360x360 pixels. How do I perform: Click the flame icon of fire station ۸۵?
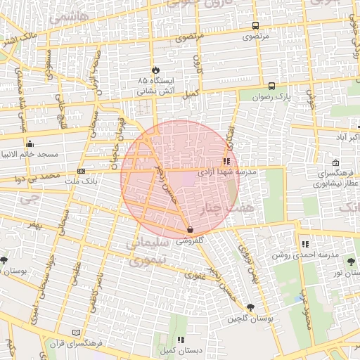tap(155, 70)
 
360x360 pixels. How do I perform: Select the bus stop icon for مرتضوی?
tap(255, 25)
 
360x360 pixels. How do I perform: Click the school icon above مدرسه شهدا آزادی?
tap(225, 160)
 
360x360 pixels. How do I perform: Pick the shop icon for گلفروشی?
tap(191, 229)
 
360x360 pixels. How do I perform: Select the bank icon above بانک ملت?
tap(82, 171)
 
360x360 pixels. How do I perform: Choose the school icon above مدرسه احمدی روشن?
tap(304, 244)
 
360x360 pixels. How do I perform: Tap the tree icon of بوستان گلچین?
tap(250, 307)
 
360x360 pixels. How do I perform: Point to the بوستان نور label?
tap(347, 272)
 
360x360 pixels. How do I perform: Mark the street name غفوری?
tap(195, 276)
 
